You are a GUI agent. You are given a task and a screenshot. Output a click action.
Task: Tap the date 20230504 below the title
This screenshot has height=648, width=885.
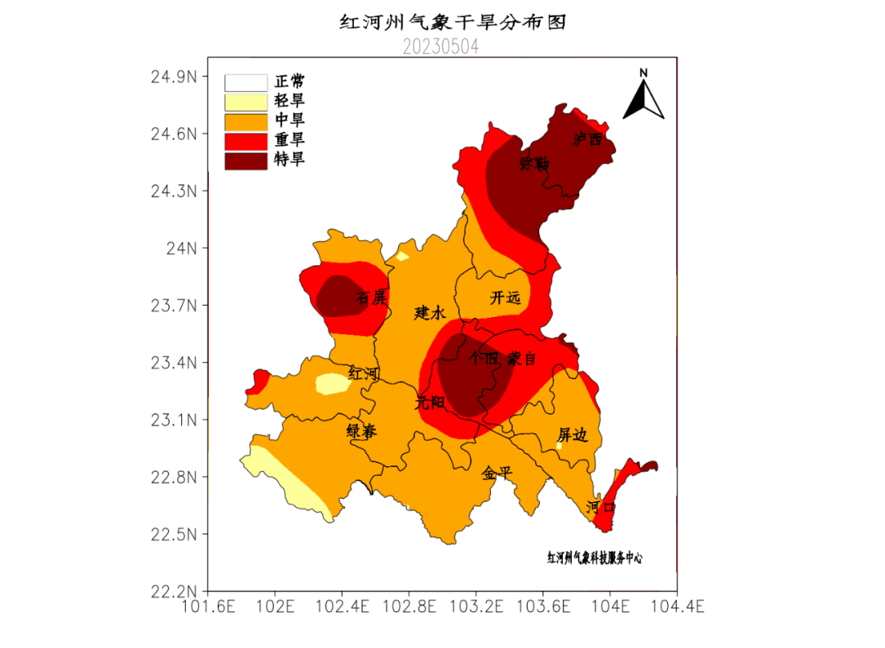[x=441, y=48]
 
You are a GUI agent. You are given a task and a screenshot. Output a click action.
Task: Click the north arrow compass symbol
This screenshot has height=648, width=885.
[x=643, y=96]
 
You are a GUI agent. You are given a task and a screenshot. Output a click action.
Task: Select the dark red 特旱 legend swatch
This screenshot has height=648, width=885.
[x=246, y=161]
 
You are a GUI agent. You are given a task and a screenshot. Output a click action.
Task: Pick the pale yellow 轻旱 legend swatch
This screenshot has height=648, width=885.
[x=246, y=102]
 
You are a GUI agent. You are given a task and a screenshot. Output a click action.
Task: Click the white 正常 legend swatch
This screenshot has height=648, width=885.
[x=246, y=83]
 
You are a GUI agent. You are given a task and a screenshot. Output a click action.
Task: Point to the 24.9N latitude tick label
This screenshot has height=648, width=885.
[x=174, y=77]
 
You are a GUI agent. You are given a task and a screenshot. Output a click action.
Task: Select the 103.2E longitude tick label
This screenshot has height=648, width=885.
[x=476, y=607]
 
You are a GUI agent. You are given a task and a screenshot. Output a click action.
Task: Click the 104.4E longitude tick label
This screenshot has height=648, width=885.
[x=677, y=607]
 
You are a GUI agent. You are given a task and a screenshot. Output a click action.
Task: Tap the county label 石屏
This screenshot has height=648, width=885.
[x=370, y=297]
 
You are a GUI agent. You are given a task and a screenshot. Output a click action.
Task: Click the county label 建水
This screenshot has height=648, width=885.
[x=429, y=312]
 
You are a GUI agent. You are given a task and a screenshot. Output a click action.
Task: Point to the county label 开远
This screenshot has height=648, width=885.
[x=505, y=298]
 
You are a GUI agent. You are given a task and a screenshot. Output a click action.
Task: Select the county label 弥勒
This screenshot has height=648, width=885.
[x=533, y=164]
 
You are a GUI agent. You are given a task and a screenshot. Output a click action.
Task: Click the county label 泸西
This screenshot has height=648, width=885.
[x=588, y=139]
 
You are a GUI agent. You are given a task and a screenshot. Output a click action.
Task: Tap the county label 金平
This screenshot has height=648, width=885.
[x=497, y=473]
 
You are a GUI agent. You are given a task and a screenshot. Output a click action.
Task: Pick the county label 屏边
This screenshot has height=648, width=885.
[x=573, y=435]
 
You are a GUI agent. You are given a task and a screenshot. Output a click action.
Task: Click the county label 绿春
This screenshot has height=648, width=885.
[x=361, y=432]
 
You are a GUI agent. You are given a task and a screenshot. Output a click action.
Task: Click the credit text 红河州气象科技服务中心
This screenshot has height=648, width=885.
[x=595, y=558]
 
